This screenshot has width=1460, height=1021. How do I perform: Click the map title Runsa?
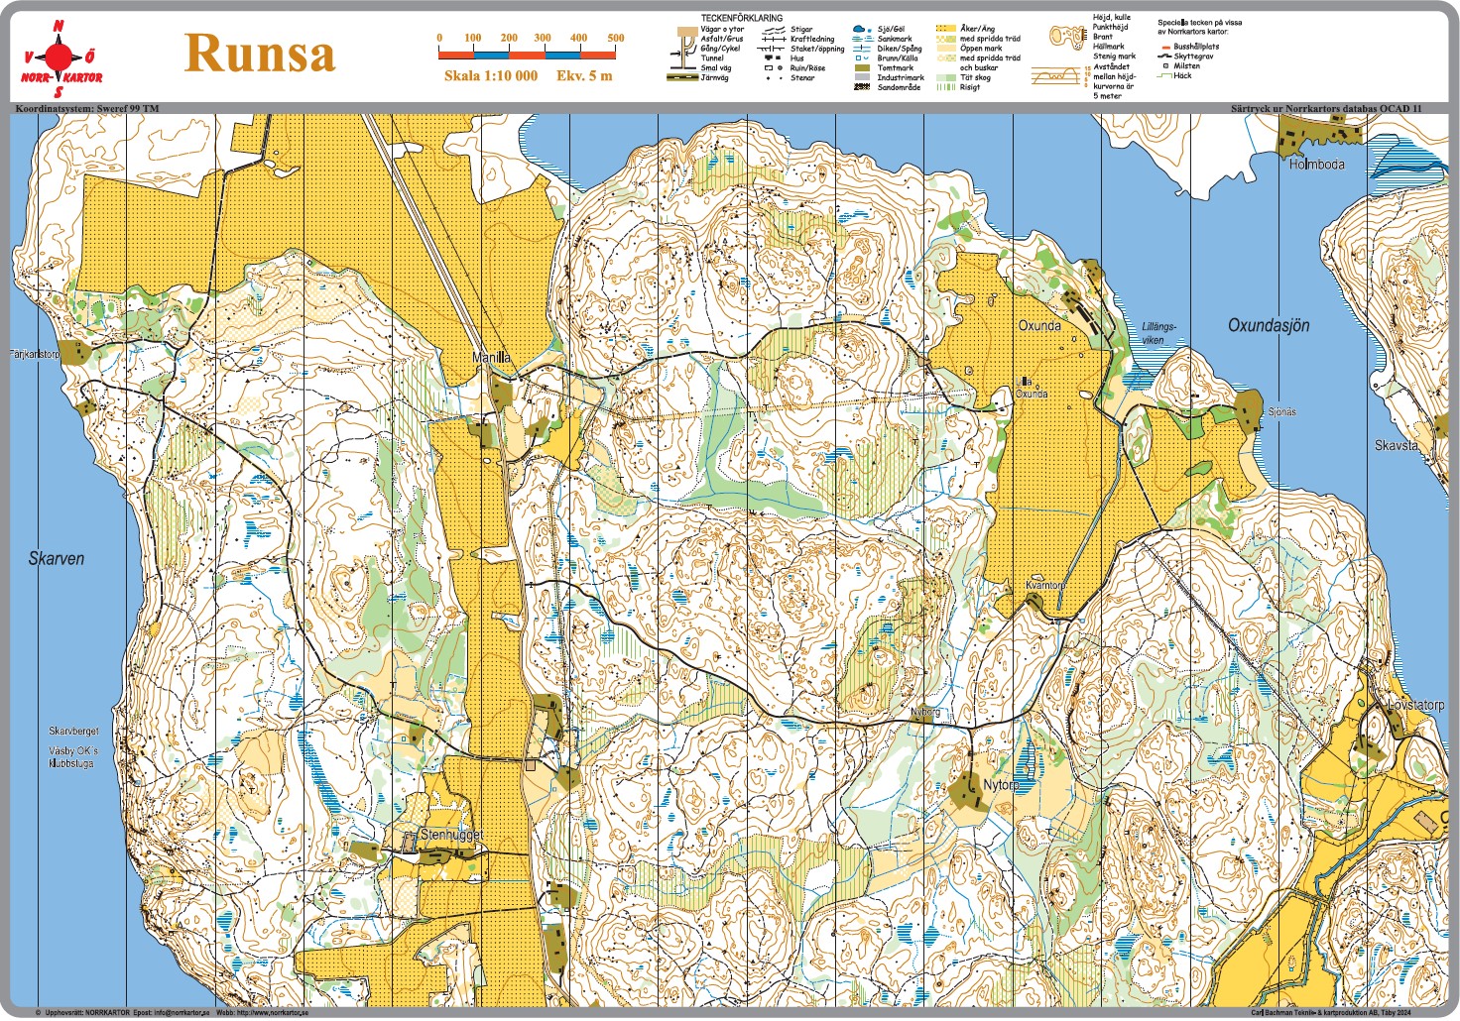click(260, 54)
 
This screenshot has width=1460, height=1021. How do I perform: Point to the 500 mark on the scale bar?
click(616, 39)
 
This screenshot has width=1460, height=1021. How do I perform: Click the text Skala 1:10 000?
click(491, 76)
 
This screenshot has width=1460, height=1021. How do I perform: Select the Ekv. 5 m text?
click(584, 76)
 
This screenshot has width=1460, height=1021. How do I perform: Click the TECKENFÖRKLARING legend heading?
click(741, 18)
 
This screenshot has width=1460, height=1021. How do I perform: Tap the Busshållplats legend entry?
click(1196, 47)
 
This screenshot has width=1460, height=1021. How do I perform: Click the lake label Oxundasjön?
click(1269, 325)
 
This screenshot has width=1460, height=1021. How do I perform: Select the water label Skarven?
click(57, 559)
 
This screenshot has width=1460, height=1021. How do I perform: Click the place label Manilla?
click(491, 357)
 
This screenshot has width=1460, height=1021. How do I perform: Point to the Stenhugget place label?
click(451, 835)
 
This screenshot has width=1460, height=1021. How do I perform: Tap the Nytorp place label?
click(1001, 785)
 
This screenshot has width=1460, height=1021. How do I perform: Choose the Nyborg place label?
click(924, 713)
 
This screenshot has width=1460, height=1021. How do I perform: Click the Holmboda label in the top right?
click(1316, 165)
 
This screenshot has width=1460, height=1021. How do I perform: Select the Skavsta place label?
click(1396, 446)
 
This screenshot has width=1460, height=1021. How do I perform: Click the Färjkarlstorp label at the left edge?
click(35, 354)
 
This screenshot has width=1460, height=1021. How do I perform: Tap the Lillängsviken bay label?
click(1158, 333)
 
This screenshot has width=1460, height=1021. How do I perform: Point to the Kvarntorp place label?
click(1045, 585)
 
